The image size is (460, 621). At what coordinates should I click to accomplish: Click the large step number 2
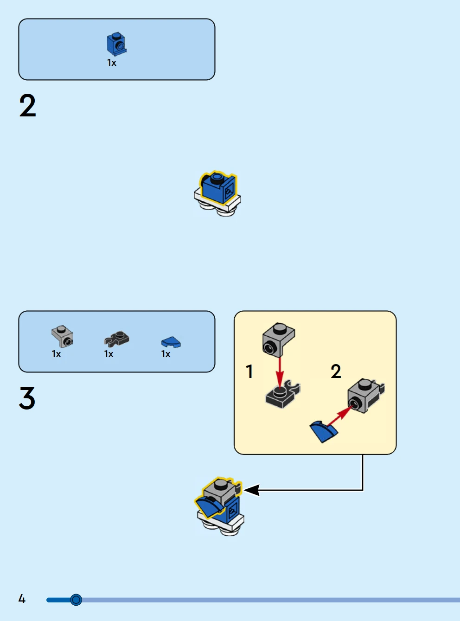[x=28, y=106]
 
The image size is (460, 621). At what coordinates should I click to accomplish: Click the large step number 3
[x=27, y=398]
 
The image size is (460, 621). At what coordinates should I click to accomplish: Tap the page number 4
[x=22, y=599]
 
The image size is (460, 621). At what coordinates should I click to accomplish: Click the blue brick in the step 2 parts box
[x=116, y=44]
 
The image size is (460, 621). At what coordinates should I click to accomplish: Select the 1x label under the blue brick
[x=112, y=63]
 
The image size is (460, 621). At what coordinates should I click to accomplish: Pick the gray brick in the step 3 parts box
[x=62, y=336]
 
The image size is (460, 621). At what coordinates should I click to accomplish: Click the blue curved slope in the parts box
[x=171, y=342]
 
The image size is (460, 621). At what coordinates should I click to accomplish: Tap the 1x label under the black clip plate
[x=109, y=354]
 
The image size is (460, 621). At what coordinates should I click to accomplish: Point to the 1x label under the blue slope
[x=166, y=354]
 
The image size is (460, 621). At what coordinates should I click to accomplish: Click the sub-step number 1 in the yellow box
[x=249, y=371]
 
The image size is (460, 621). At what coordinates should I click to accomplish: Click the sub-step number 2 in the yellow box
[x=336, y=371]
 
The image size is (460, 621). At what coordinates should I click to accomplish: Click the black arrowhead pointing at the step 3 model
[x=251, y=490]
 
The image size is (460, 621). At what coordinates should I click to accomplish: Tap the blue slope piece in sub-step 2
[x=324, y=431]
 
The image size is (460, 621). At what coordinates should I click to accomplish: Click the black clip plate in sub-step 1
[x=282, y=395]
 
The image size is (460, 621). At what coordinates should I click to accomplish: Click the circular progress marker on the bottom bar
[x=76, y=600]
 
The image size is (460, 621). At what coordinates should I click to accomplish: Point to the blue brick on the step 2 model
[x=217, y=188]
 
